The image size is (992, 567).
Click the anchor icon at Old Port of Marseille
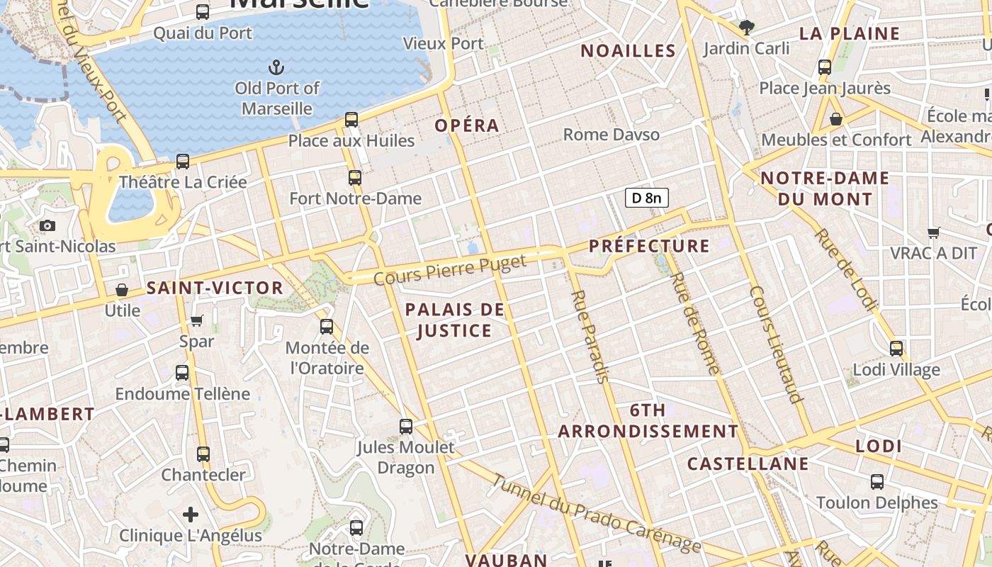click(x=276, y=68)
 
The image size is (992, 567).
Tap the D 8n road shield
click(x=646, y=198)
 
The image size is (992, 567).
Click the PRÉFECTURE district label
click(x=649, y=246)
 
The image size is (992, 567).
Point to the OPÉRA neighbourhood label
click(x=467, y=125)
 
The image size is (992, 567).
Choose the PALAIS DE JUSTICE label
click(x=454, y=320)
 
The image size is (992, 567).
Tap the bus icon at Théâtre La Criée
click(x=183, y=162)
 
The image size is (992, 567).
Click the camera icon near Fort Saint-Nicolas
click(x=47, y=225)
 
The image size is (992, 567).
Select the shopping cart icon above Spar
click(x=197, y=320)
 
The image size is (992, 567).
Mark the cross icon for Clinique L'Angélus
click(x=191, y=514)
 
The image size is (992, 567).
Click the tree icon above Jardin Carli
click(x=746, y=28)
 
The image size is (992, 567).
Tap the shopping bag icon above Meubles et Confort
click(x=836, y=119)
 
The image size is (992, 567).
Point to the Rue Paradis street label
click(x=590, y=336)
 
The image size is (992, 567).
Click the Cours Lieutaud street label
click(x=777, y=344)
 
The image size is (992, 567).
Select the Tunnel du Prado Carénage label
click(x=595, y=514)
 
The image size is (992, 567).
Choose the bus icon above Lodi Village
click(x=896, y=349)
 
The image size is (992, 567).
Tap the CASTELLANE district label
click(x=748, y=464)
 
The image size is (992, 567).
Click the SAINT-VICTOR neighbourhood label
click(x=215, y=288)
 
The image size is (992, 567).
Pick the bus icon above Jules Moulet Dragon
click(x=406, y=427)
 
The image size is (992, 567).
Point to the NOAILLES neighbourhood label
click(x=628, y=50)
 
